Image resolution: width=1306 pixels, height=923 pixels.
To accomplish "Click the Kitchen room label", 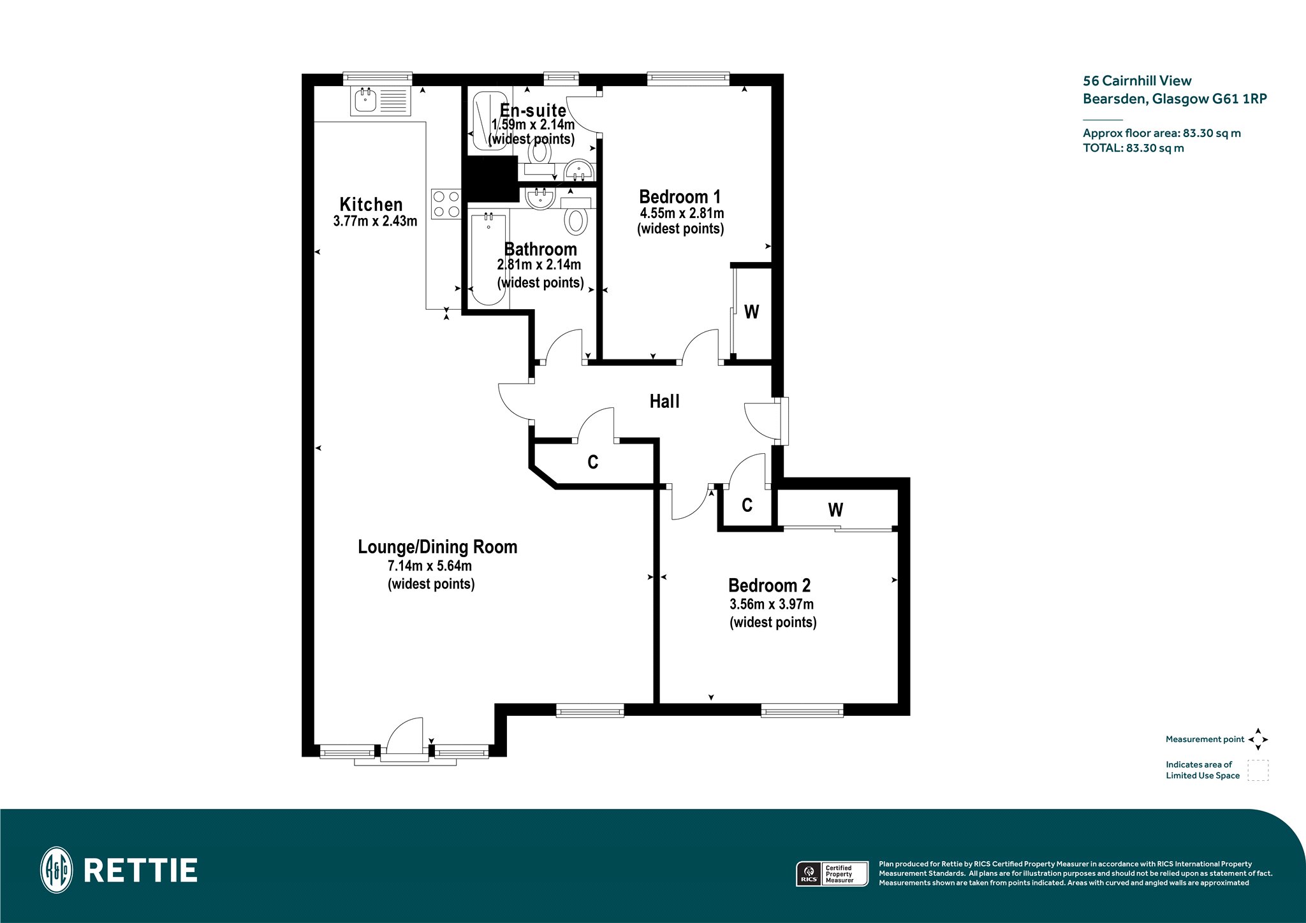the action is coord(371,205).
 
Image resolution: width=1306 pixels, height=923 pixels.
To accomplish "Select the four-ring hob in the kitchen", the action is coord(446,204).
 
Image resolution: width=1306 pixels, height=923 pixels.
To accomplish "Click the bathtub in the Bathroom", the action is coord(489,259).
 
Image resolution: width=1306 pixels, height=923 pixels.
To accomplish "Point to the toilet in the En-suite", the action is coord(539,152).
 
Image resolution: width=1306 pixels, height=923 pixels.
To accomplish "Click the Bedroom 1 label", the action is coord(680,197).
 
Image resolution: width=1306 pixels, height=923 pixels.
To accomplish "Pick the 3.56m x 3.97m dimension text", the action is coord(772,604).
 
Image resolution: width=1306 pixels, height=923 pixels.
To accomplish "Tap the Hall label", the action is coord(664,401).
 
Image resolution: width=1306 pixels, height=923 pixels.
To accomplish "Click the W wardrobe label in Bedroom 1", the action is coord(752,312).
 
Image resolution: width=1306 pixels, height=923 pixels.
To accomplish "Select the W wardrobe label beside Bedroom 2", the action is coord(835,510).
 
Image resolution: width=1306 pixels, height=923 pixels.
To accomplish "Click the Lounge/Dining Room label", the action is coord(437,547).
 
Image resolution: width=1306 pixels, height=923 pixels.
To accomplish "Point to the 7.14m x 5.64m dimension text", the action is coord(430,566).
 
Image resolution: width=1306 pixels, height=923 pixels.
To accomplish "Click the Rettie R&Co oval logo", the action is coord(57,870).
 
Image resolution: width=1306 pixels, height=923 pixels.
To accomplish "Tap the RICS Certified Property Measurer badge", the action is coord(832,874).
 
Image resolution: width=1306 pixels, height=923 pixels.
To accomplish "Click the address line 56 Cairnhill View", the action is coord(1137,81).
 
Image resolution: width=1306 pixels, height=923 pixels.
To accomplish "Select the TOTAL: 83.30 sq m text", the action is coord(1133,148).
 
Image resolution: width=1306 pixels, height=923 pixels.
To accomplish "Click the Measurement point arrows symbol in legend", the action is coord(1258,739).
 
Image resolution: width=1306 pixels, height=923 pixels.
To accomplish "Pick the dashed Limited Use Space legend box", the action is coord(1258,770).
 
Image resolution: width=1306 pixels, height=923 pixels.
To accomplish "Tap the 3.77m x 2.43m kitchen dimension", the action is coord(375,222).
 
